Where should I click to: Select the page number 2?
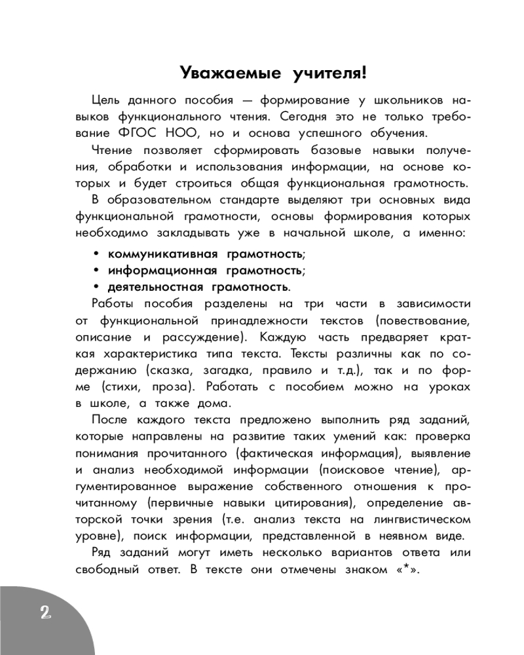(x=45, y=613)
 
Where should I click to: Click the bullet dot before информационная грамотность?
(x=96, y=271)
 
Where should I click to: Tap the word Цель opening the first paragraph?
(x=105, y=100)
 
